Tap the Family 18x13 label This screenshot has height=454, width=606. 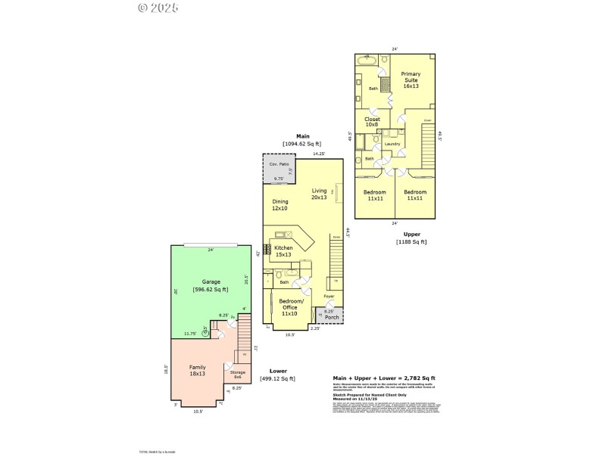pyautogui.click(x=197, y=370)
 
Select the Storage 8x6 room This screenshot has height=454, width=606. pyautogui.click(x=237, y=375)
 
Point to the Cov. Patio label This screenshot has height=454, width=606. pyautogui.click(x=279, y=164)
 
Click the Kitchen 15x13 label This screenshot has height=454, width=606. pyautogui.click(x=283, y=251)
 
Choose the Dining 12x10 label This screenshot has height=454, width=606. pyautogui.click(x=280, y=205)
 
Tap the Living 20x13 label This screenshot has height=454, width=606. pyautogui.click(x=319, y=194)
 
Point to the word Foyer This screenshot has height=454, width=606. pyautogui.click(x=330, y=296)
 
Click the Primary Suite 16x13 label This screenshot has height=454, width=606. pyautogui.click(x=411, y=80)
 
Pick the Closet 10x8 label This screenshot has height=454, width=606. pyautogui.click(x=372, y=122)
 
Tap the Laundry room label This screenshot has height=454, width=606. pyautogui.click(x=392, y=143)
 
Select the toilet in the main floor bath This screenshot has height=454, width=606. pyautogui.click(x=280, y=274)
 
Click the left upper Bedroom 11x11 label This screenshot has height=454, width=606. pyautogui.click(x=374, y=194)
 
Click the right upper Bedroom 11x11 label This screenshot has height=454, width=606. pyautogui.click(x=414, y=194)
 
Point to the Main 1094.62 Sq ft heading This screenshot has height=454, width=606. pyautogui.click(x=302, y=140)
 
